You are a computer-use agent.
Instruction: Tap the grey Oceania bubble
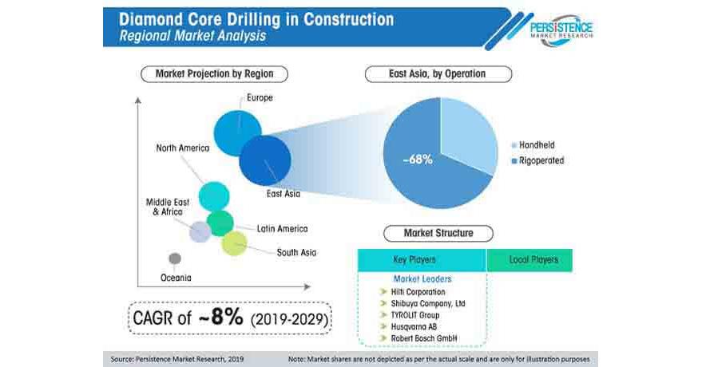click(x=175, y=258)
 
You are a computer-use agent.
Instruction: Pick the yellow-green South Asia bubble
click(x=235, y=243)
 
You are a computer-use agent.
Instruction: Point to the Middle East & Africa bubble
click(x=200, y=231)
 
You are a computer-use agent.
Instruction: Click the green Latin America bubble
click(x=220, y=223)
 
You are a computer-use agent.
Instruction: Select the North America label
click(x=182, y=148)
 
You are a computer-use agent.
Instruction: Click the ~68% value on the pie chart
click(x=417, y=160)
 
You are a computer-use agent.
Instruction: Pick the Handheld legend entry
click(x=536, y=145)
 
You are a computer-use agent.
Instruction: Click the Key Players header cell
click(x=422, y=260)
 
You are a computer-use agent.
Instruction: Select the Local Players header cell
click(x=533, y=260)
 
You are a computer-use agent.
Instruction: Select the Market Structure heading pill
click(x=438, y=234)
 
